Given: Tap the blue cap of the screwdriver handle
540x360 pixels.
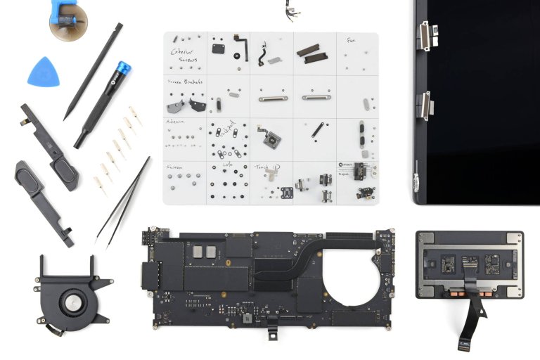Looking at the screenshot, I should click(x=123, y=69).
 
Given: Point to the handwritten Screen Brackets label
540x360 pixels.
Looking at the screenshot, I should click(x=184, y=82).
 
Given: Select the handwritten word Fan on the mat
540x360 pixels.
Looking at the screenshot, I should click(x=351, y=41).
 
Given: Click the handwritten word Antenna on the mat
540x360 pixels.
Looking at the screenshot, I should click(x=176, y=121).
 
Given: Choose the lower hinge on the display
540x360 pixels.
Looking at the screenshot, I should click(x=426, y=105).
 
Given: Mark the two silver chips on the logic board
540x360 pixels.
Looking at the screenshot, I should click(x=205, y=251).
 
